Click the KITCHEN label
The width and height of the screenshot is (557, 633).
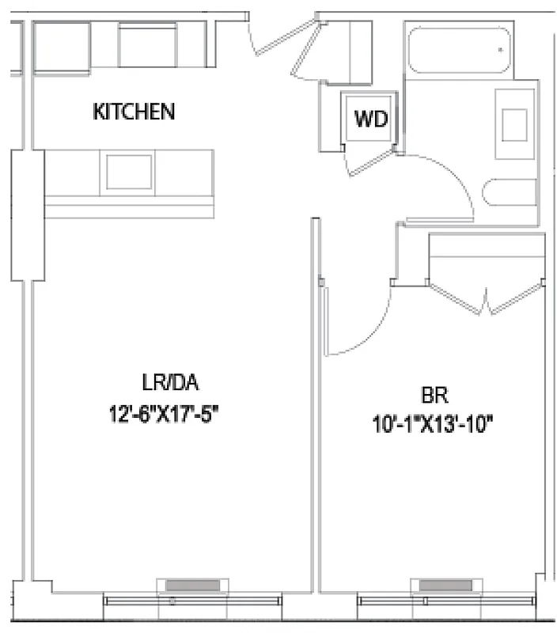tap(134, 112)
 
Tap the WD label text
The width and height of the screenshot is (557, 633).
tap(370, 120)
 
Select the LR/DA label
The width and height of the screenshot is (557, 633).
tap(169, 385)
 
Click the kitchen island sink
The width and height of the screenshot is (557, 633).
tap(128, 171)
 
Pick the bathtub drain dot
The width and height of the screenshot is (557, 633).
tap(501, 50)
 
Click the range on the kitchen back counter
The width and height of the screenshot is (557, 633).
tap(147, 45)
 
